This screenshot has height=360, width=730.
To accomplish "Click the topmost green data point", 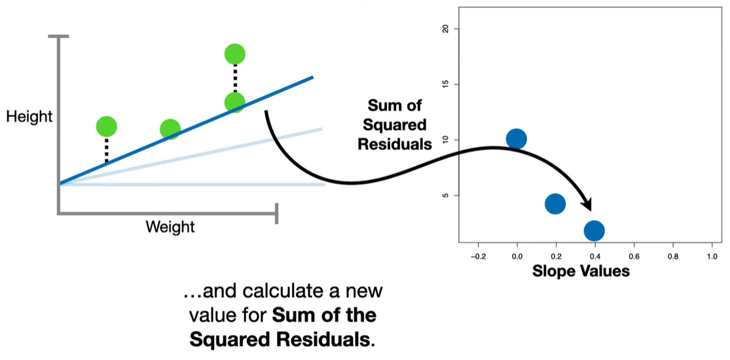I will (x=234, y=54).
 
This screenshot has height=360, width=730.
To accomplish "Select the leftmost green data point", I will (x=106, y=126).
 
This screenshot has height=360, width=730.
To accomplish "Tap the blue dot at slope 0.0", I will (x=516, y=139).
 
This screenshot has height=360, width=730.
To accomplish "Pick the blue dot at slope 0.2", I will (x=555, y=204).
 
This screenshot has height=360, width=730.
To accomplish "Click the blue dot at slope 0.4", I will (x=594, y=230).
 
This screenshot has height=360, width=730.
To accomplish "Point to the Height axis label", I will (x=29, y=117).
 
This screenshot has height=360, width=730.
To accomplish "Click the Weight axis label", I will (x=170, y=227).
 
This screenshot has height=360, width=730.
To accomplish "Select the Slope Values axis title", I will (x=581, y=271).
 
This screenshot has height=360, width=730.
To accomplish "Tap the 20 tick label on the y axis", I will (x=447, y=29).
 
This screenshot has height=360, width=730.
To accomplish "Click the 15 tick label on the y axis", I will (x=447, y=84).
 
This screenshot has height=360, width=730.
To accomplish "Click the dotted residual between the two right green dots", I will (x=234, y=79).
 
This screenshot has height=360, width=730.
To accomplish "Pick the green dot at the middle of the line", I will (x=170, y=129).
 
